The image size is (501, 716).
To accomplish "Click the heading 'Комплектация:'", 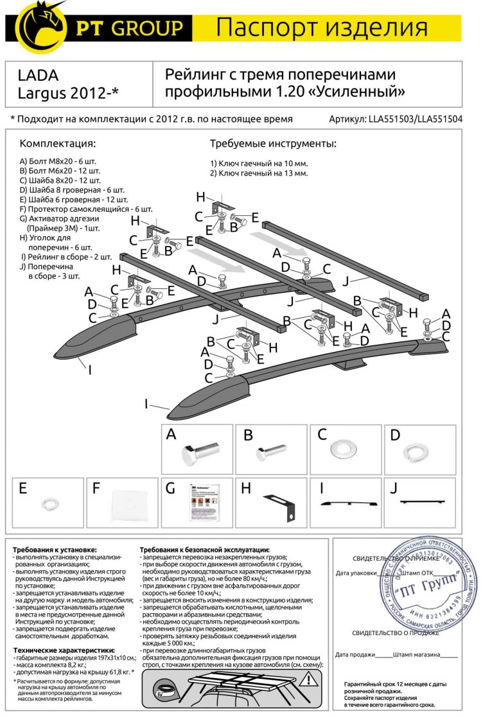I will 57,143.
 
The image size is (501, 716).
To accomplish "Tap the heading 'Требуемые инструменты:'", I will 273,143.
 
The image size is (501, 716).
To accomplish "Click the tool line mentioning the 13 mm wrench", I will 259,173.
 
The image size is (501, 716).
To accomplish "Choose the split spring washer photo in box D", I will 415,453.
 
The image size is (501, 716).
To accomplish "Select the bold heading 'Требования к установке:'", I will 55,550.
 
